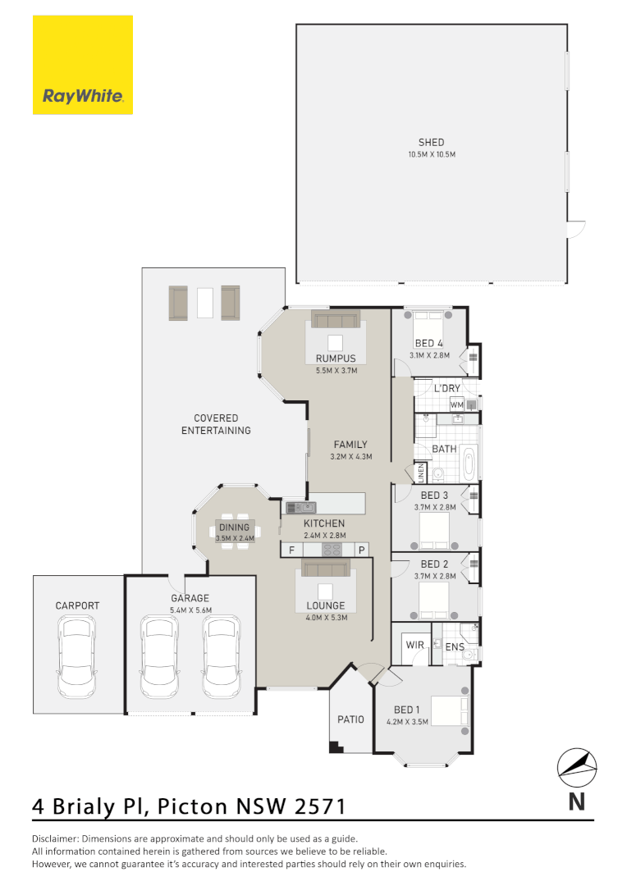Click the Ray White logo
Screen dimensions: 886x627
point(83,65)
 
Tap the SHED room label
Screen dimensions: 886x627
point(431,143)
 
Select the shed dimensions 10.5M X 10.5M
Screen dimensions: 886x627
point(431,154)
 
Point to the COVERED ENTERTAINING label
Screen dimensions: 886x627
point(216,424)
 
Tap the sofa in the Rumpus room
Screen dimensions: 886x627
point(335,319)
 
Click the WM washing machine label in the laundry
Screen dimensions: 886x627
point(456,404)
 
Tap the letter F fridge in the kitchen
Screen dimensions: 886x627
point(291,549)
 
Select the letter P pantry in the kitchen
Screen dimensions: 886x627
point(360,549)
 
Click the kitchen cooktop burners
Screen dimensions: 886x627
point(332,550)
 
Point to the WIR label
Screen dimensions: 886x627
point(415,645)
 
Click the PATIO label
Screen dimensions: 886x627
point(350,719)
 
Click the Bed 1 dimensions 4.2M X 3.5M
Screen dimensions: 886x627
point(407,722)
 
